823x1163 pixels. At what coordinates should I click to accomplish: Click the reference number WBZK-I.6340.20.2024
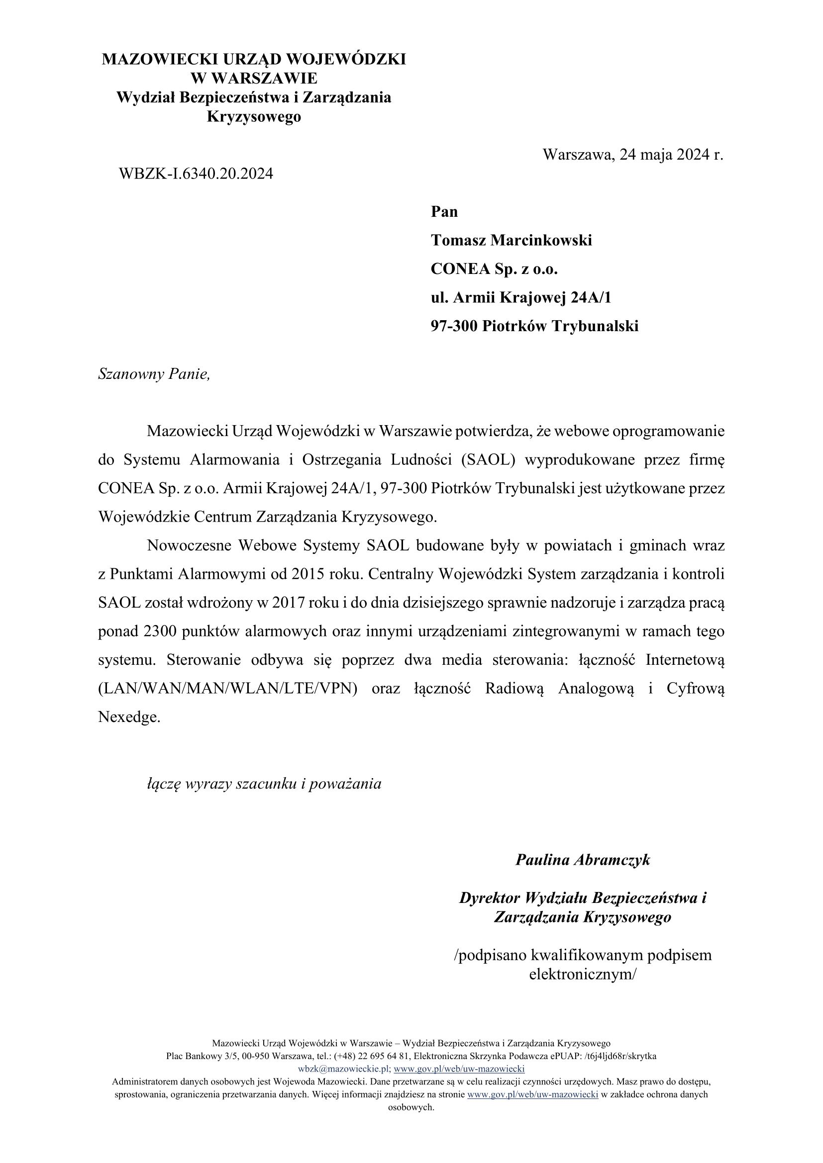coord(196,174)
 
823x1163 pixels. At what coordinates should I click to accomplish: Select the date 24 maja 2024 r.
coord(670,155)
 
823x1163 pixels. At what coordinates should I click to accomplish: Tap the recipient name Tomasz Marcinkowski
coord(512,240)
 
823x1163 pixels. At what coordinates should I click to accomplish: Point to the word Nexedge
coord(129,717)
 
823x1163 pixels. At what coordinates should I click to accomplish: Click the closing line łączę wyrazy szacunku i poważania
coord(264,784)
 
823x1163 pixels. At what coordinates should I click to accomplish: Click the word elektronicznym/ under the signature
coord(582,974)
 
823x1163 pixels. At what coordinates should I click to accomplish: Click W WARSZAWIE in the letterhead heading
coord(254,78)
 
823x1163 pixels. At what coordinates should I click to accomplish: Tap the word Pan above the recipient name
coord(444,211)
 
